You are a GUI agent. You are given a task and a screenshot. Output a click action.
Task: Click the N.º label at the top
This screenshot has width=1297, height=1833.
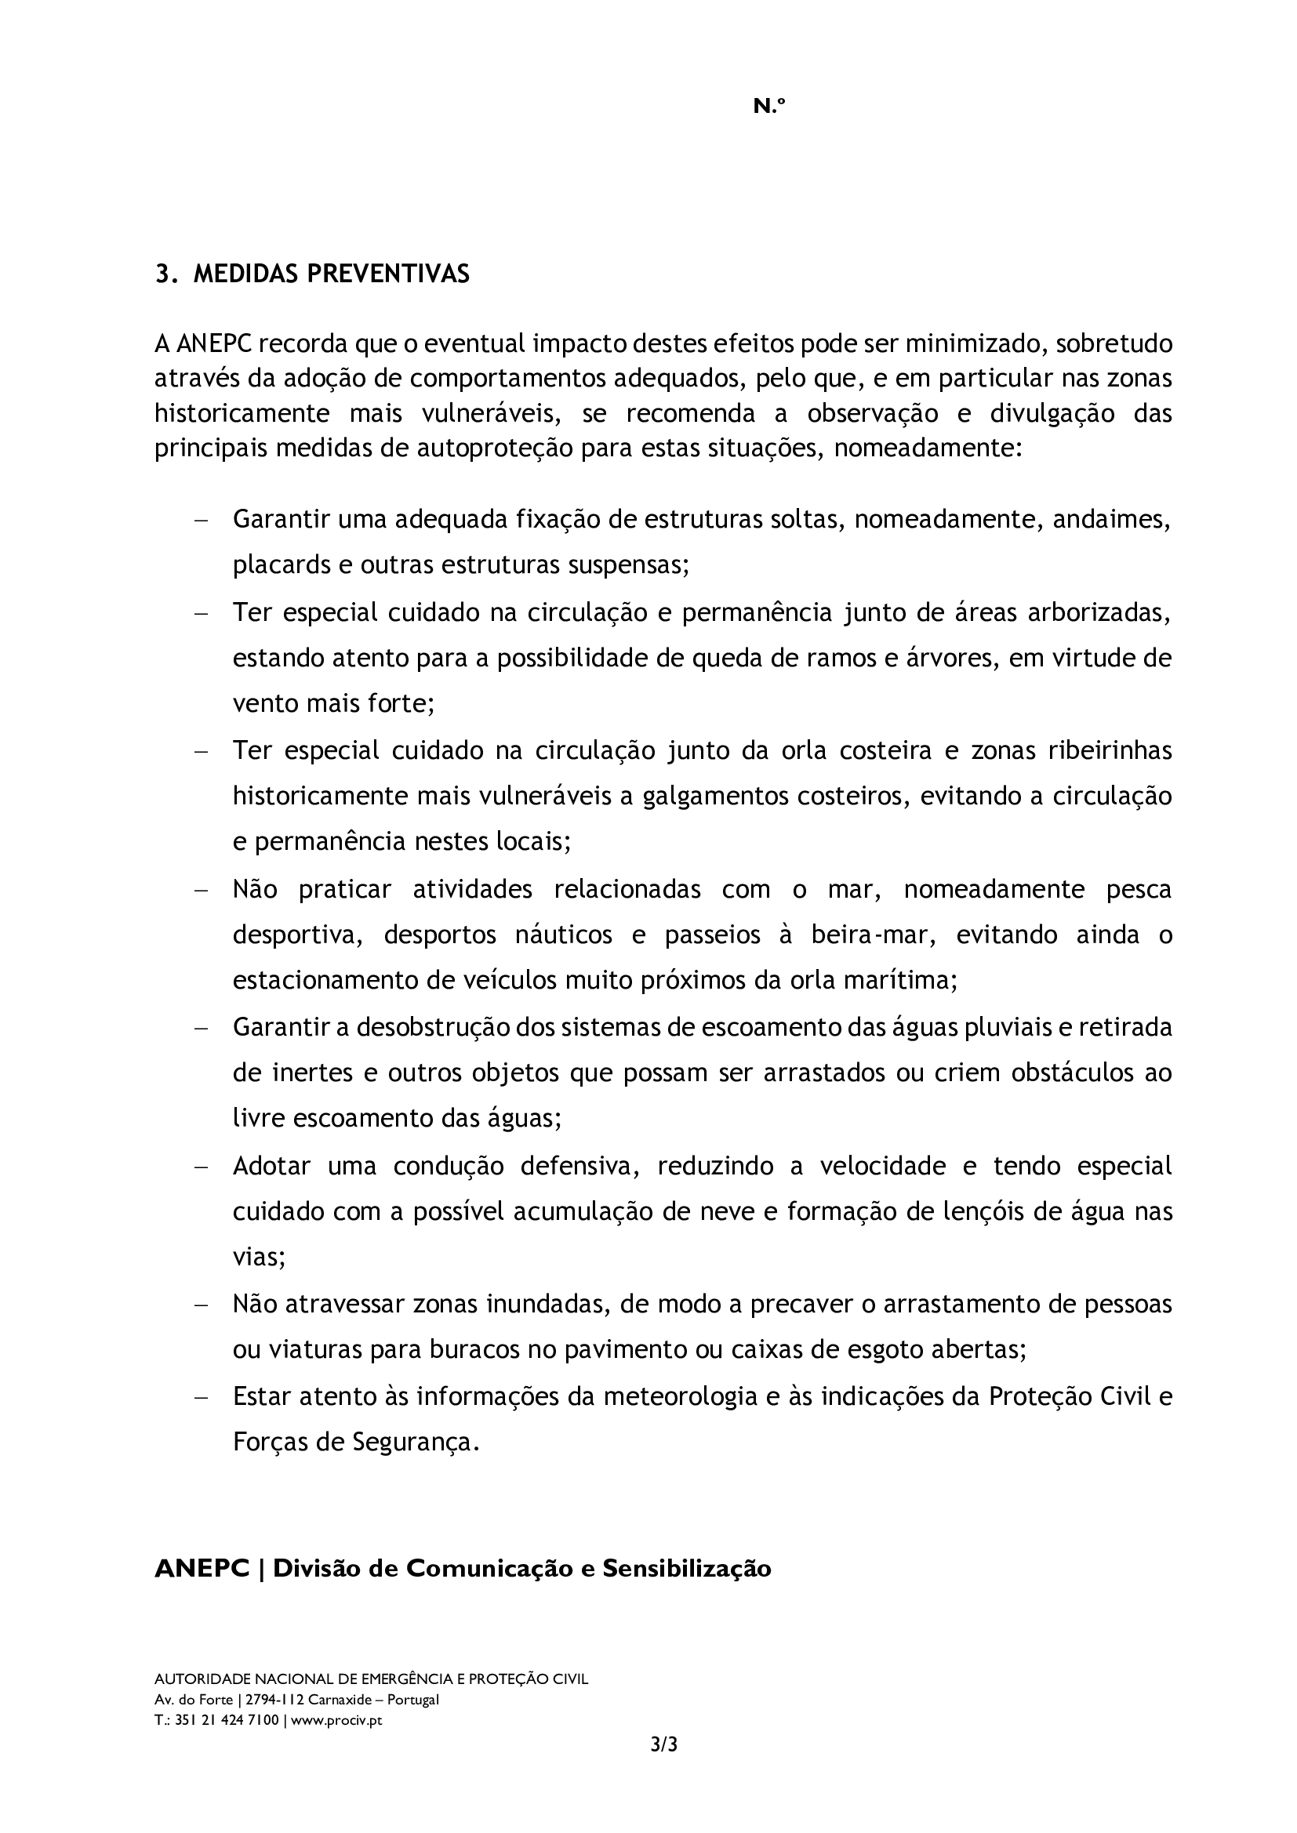[769, 106]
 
